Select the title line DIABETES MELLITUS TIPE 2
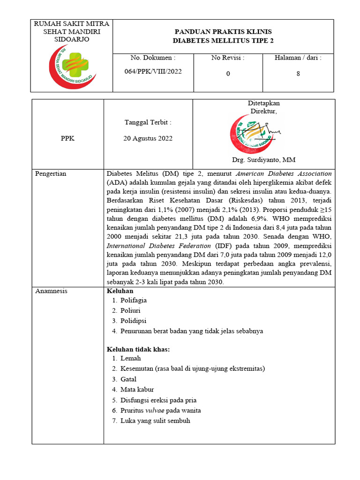223,41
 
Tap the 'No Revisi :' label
228,58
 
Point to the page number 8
298,74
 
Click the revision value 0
228,74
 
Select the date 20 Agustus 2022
148,138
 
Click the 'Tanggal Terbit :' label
148,122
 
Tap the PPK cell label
67,139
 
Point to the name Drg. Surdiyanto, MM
263,160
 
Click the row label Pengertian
51,174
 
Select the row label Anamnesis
52,291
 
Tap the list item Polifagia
133,300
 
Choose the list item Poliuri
130,310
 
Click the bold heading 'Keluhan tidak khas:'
138,349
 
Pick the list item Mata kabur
137,390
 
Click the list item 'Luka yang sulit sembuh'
155,421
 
